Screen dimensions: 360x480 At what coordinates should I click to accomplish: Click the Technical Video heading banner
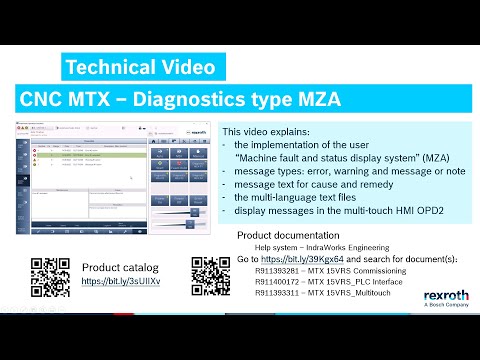pyautogui.click(x=139, y=67)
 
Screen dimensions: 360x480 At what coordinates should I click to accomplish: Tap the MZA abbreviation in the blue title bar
pyautogui.click(x=312, y=101)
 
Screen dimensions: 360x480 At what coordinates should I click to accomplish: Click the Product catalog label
pyautogui.click(x=121, y=268)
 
